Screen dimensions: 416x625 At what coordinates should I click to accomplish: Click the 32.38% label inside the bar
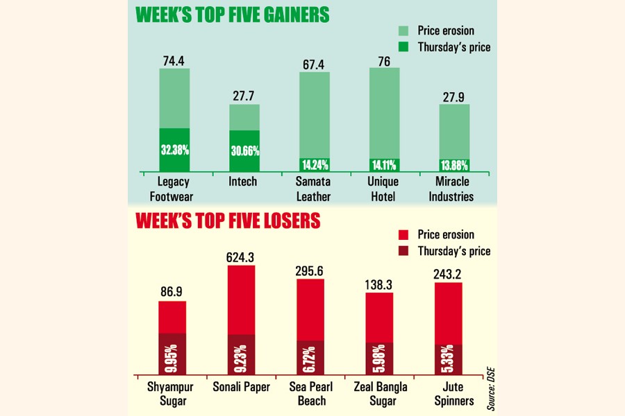tap(174, 150)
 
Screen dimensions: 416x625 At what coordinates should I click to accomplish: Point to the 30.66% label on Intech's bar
tap(244, 152)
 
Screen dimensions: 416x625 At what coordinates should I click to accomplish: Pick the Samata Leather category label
tap(314, 189)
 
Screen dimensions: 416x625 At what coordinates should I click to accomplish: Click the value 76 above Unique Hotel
tap(384, 60)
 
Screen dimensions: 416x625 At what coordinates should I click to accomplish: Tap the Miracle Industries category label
tap(454, 189)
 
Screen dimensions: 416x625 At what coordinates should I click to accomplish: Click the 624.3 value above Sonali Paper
tap(241, 257)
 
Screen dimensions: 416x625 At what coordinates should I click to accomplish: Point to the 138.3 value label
tap(379, 284)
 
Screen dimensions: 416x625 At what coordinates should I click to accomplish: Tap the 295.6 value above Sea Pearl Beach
tap(310, 270)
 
